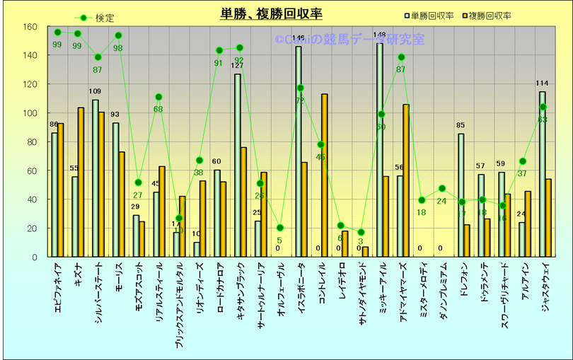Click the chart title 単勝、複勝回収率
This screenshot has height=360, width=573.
point(271,14)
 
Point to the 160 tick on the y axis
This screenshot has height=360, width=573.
point(30,27)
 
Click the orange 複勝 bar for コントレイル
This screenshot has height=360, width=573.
point(325,175)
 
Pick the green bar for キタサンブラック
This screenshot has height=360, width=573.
point(238,166)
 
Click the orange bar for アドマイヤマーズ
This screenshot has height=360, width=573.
point(406,180)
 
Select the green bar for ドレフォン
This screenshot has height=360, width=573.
point(461,195)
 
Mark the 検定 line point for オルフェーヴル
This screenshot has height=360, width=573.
point(280,228)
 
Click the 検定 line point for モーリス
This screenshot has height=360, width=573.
point(118,35)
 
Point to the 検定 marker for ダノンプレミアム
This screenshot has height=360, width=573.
point(442,188)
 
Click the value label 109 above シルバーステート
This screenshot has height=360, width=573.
point(95,92)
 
